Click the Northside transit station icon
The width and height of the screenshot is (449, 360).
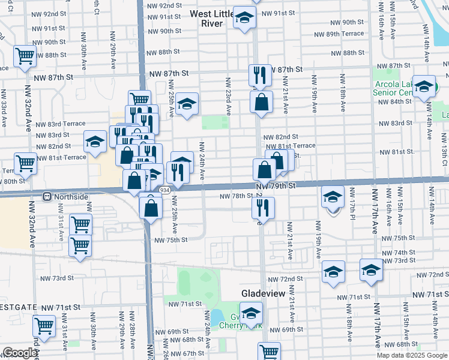[46, 196]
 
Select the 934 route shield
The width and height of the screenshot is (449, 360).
[164, 190]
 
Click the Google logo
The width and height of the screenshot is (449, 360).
[20, 353]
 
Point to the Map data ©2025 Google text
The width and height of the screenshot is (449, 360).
[412, 355]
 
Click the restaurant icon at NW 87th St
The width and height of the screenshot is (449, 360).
[260, 75]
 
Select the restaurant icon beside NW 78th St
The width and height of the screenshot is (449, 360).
[262, 207]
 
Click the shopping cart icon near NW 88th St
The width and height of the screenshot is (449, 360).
[25, 56]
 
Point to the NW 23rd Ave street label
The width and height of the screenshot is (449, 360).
[228, 96]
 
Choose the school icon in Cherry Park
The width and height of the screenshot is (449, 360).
[251, 313]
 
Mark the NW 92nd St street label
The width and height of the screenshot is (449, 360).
[164, 5]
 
